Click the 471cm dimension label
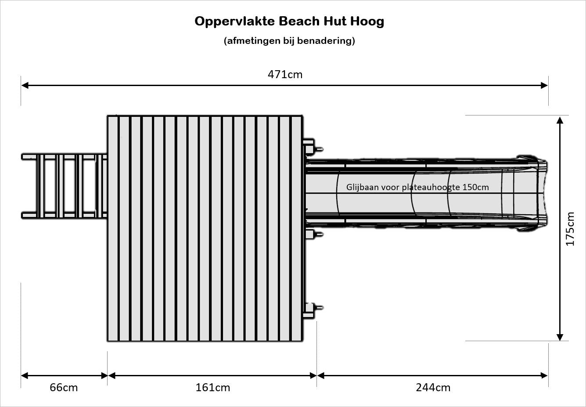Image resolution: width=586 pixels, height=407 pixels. click(x=285, y=75)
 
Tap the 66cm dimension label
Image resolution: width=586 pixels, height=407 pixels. click(x=64, y=388)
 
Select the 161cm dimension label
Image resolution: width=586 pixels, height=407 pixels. click(x=213, y=388)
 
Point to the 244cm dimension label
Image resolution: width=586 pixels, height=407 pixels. click(x=433, y=388)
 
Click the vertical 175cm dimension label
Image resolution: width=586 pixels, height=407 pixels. click(x=570, y=229)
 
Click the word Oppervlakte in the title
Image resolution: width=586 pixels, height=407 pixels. click(x=235, y=22)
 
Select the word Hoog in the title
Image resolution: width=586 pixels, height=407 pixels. click(x=367, y=21)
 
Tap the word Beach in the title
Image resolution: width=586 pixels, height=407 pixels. click(x=299, y=21)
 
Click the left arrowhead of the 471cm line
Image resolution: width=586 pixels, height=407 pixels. click(x=25, y=85)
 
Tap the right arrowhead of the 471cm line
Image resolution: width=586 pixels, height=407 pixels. click(x=544, y=85)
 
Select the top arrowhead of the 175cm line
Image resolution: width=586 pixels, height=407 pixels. click(x=560, y=120)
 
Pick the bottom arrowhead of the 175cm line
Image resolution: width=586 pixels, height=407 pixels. click(x=560, y=337)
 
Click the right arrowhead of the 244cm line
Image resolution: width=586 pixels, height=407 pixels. click(x=544, y=376)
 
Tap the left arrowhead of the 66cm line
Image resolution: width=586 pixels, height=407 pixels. click(x=25, y=376)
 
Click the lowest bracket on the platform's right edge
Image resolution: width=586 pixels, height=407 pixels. click(x=313, y=310)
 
